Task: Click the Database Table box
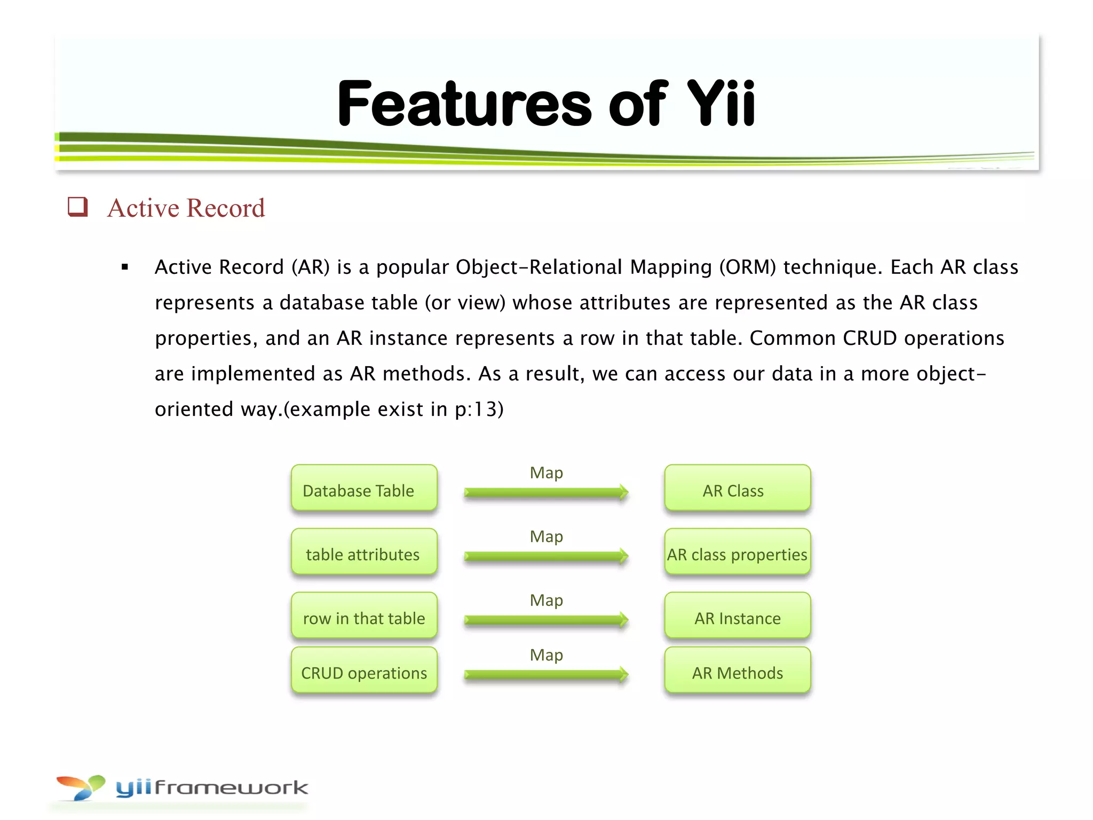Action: [x=364, y=488]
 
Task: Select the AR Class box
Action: [x=737, y=488]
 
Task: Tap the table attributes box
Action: [x=364, y=552]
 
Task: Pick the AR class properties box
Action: [x=737, y=552]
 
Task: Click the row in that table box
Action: [x=364, y=616]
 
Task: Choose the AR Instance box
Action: [x=737, y=616]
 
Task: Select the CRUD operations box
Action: [x=364, y=671]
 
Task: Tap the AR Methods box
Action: [x=737, y=671]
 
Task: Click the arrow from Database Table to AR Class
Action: [x=546, y=492]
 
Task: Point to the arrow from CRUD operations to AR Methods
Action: [x=546, y=675]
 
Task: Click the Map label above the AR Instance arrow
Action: [x=546, y=601]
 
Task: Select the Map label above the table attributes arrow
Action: [x=546, y=537]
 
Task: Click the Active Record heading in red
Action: [x=186, y=208]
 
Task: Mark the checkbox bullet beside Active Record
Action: [x=78, y=207]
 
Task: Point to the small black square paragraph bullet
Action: [x=125, y=267]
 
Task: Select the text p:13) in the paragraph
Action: [x=479, y=409]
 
